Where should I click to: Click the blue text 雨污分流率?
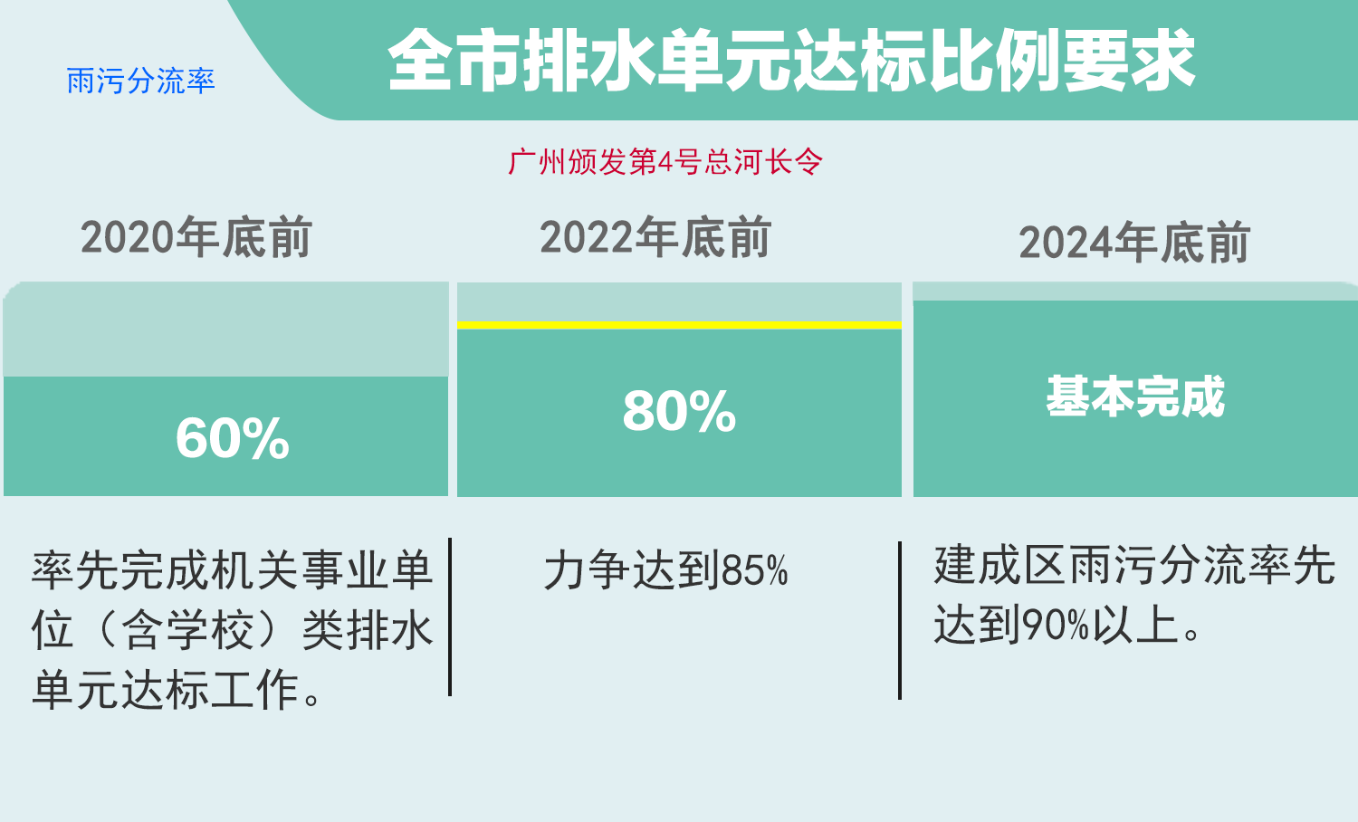click(140, 81)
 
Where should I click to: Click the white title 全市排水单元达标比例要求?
click(791, 61)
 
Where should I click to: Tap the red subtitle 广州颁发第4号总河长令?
click(665, 162)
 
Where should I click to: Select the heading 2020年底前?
click(196, 237)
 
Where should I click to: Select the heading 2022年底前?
click(655, 237)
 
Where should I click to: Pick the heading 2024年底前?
click(1133, 243)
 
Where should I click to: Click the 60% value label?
click(232, 438)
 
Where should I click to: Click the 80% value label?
click(680, 412)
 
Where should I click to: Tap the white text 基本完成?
click(1135, 397)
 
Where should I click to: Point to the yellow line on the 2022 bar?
click(679, 326)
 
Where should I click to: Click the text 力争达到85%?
click(665, 570)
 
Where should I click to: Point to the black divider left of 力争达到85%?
click(450, 617)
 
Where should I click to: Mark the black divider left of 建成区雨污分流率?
click(900, 621)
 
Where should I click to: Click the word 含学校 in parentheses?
click(186, 630)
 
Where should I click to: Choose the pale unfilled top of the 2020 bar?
click(226, 330)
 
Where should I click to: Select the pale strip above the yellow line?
click(679, 301)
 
